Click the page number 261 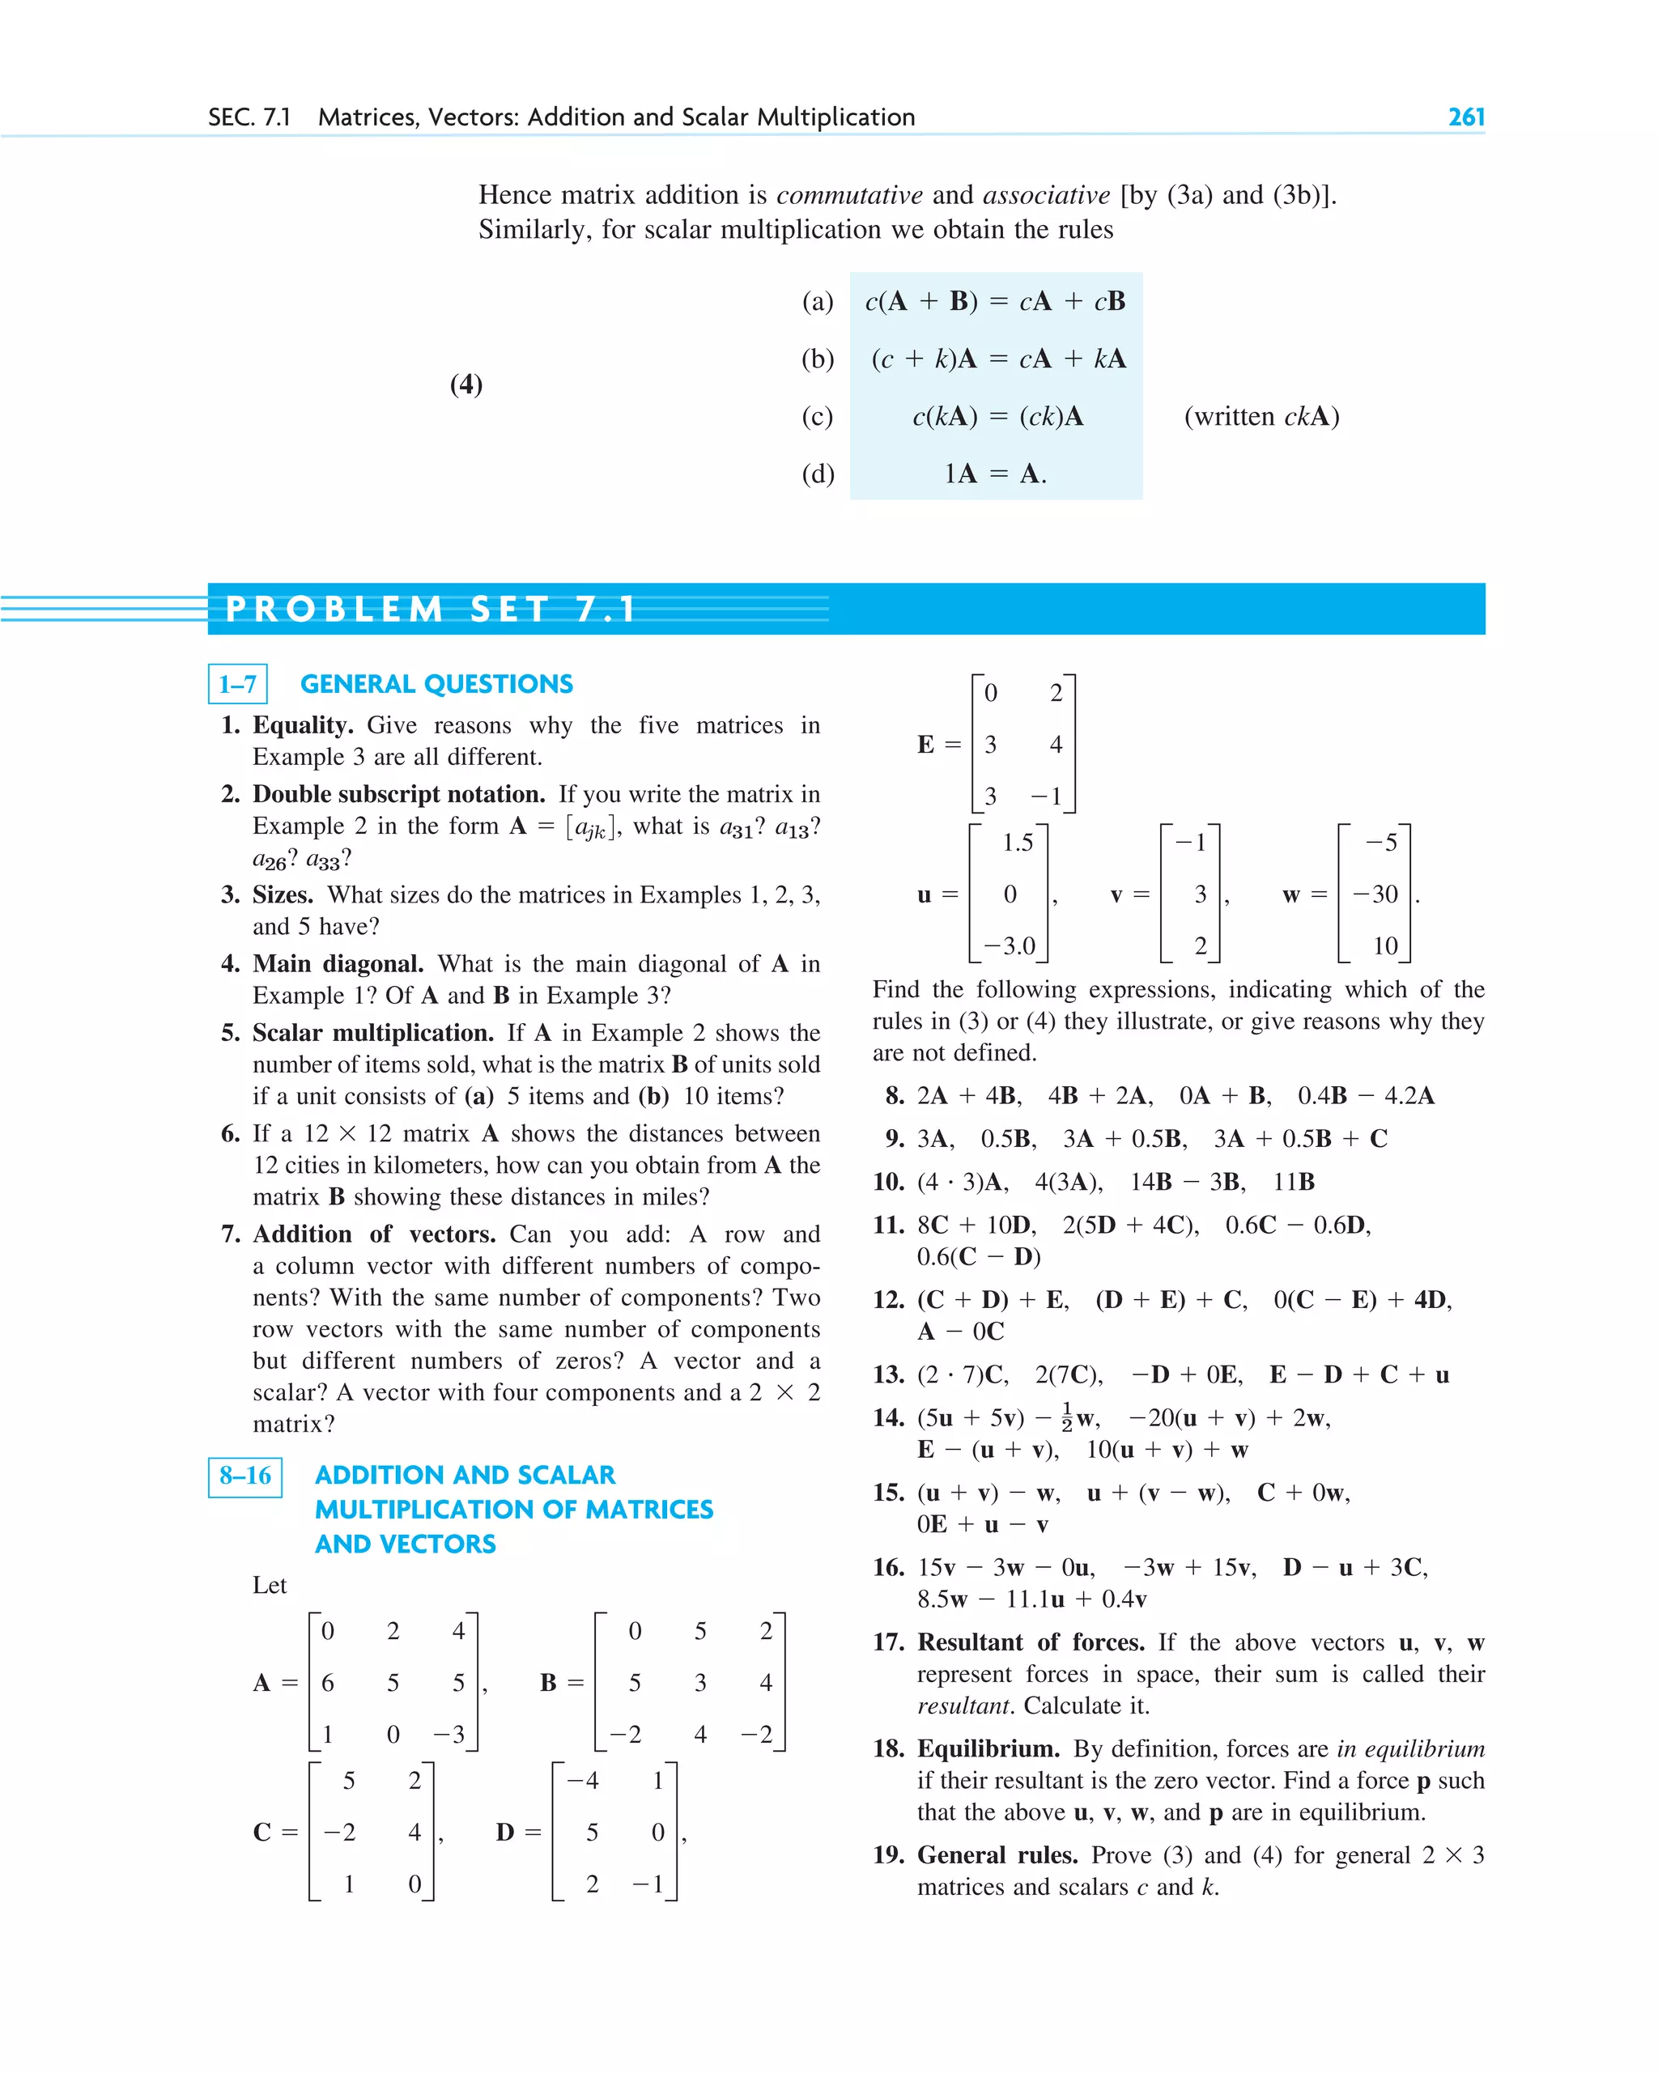(x=1465, y=117)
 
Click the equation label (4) (x=466, y=384)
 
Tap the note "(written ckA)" (x=1261, y=416)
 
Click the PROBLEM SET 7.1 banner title (x=430, y=610)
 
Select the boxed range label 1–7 (x=237, y=685)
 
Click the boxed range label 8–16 (x=245, y=1476)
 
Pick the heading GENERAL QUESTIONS (x=436, y=685)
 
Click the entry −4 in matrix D (x=583, y=1781)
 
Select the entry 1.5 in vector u (x=1017, y=843)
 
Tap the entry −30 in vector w (x=1375, y=894)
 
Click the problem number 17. (x=889, y=1642)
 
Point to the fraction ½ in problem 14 (x=1066, y=1417)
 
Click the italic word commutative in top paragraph (x=849, y=195)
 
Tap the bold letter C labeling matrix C (x=261, y=1833)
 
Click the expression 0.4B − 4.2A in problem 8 (x=1365, y=1096)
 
